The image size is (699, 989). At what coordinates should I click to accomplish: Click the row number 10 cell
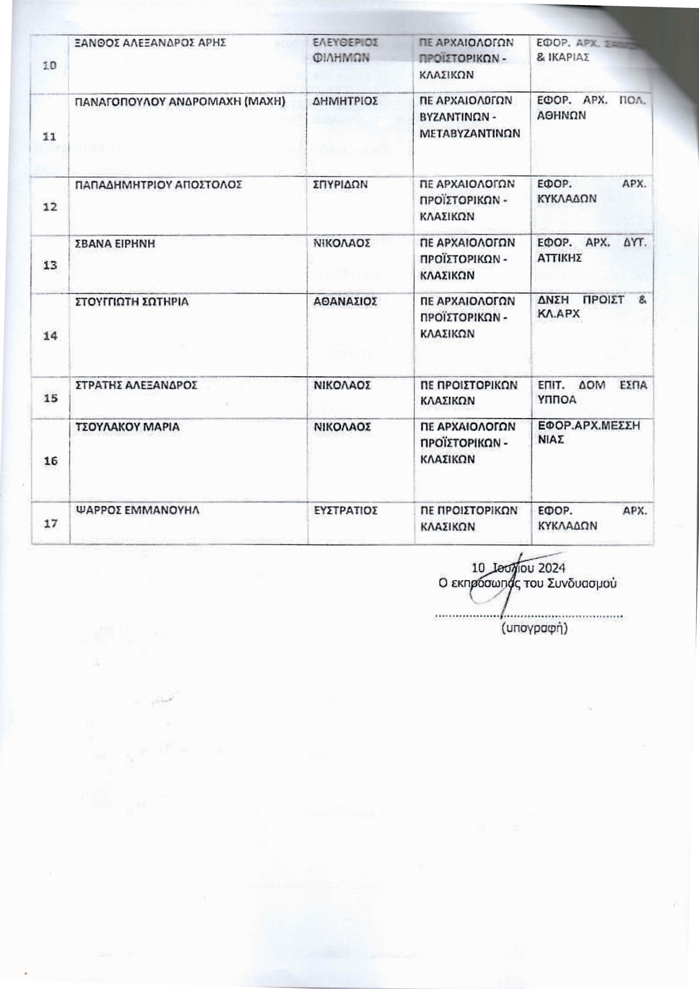[50, 65]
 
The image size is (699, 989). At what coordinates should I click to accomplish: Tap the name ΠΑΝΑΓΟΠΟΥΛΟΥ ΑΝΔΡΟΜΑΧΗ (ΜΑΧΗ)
[180, 101]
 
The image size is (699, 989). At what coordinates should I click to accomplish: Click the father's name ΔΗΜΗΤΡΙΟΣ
[345, 101]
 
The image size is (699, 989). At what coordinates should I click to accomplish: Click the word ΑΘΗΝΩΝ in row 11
[562, 116]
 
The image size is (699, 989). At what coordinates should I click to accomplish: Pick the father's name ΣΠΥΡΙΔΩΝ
[340, 184]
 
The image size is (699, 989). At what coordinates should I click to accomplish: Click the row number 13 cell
[50, 265]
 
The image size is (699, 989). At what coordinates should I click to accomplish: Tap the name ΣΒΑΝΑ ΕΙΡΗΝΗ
[115, 243]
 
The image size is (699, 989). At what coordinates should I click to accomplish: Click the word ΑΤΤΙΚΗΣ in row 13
[560, 258]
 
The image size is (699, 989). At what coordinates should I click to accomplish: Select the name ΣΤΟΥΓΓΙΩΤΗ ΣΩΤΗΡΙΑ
[132, 302]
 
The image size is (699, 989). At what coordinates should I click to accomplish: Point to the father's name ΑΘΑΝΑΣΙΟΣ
[345, 302]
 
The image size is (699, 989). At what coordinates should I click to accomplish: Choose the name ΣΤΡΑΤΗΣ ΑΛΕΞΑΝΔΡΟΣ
[136, 385]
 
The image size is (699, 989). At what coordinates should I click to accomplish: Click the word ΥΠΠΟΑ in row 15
[558, 400]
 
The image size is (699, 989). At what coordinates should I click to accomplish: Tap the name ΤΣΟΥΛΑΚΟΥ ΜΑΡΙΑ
[127, 427]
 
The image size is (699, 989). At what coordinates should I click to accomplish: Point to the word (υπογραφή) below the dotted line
[534, 628]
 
